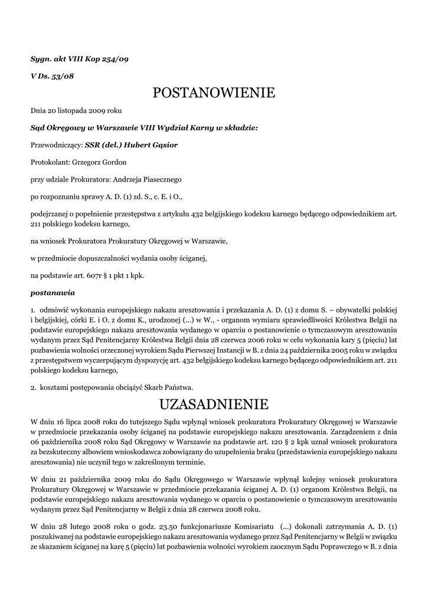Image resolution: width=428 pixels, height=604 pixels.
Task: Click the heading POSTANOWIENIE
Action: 214,93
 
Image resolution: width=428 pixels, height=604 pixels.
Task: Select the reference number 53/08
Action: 62,76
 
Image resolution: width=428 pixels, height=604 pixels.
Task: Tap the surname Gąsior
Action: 162,145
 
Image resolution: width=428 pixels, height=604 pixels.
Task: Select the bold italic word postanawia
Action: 53,292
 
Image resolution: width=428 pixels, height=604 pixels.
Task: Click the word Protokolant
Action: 50,162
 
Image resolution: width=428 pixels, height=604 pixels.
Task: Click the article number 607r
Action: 92,275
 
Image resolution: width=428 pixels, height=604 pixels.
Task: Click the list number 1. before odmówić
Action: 33,309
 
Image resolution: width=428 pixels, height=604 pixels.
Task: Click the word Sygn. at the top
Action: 41,59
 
